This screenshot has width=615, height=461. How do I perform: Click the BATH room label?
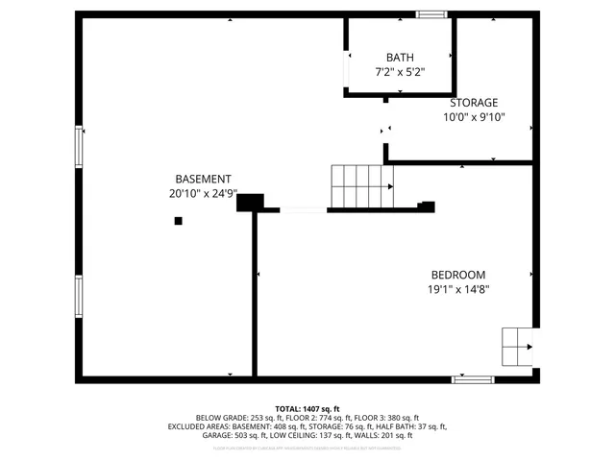pos(400,58)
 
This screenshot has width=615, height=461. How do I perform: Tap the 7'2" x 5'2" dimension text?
pos(400,72)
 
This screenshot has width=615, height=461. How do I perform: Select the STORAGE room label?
pos(475,103)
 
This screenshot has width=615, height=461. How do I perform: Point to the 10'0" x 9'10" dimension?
pos(474,117)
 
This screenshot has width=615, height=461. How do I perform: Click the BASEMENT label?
pos(203,179)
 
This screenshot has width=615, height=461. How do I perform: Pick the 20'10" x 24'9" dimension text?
pos(203,193)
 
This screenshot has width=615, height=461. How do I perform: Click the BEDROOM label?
pos(457,274)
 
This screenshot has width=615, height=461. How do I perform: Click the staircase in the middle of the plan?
pos(361,185)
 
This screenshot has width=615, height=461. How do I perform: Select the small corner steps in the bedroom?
pos(518,346)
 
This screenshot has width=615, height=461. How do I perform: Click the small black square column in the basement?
pos(178,221)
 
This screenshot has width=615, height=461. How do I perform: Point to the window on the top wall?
pos(431,14)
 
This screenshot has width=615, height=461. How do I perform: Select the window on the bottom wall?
pos(473,380)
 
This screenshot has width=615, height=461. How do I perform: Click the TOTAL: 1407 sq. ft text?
pos(307,408)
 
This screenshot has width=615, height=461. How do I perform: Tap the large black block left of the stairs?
pos(250,202)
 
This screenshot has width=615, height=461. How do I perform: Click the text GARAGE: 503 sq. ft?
pos(239,435)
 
